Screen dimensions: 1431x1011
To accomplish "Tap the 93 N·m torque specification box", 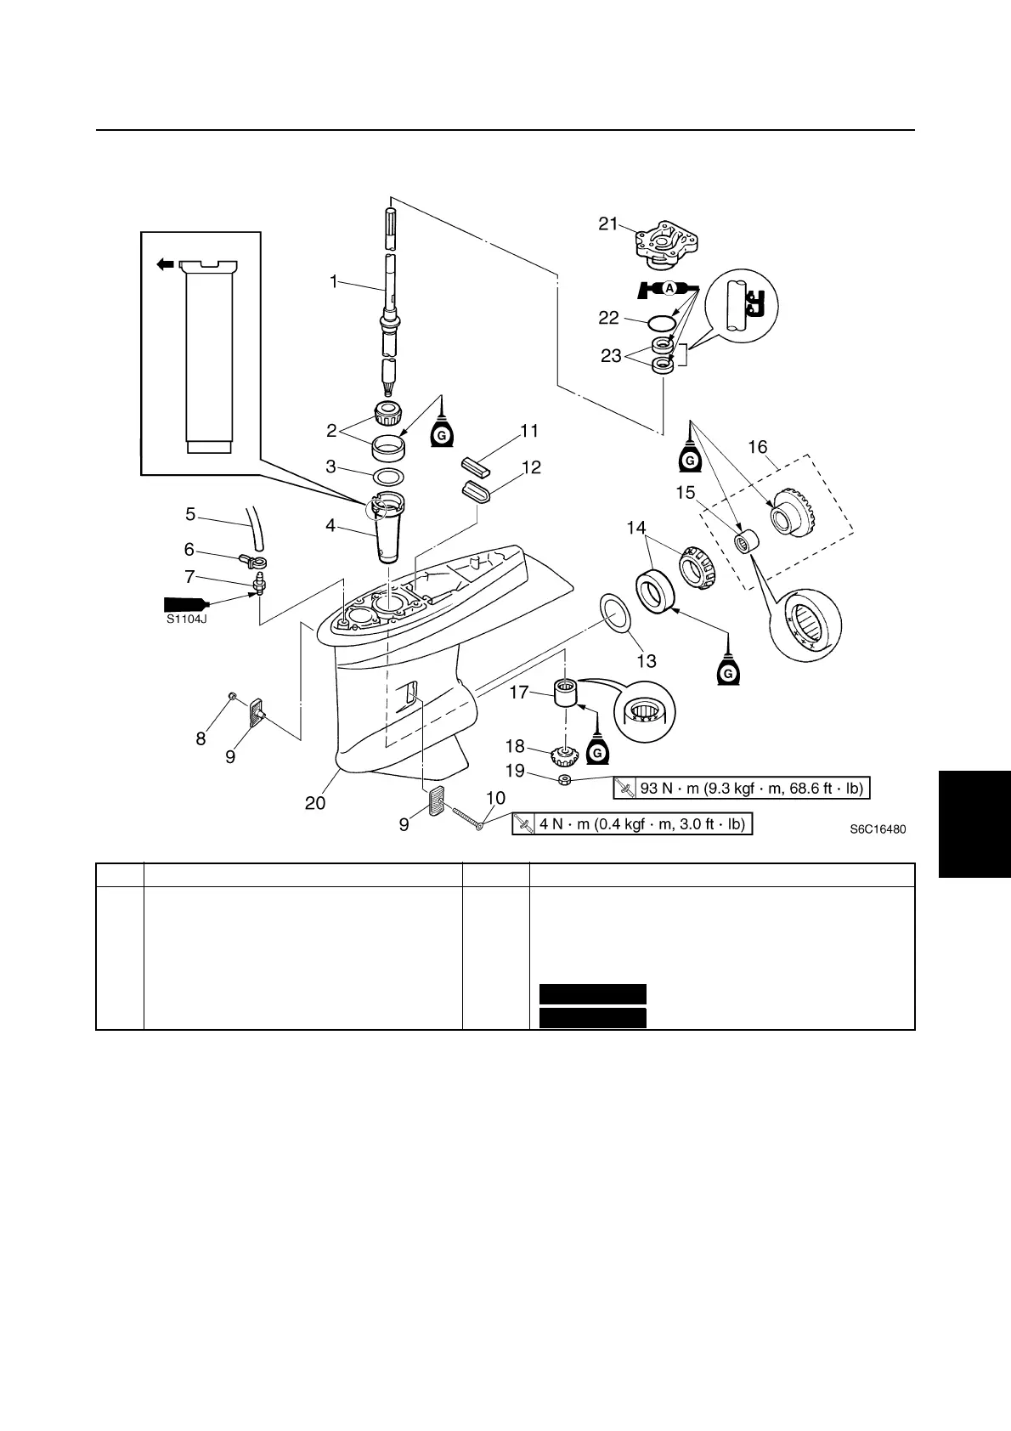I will point(743,789).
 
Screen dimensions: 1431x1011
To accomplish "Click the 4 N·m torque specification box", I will point(633,824).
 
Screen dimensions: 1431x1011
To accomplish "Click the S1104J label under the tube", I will point(187,619).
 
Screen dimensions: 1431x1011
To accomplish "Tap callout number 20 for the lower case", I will point(315,802).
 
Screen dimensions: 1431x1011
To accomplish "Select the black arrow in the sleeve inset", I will point(165,265).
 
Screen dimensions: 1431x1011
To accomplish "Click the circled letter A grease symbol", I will point(669,288).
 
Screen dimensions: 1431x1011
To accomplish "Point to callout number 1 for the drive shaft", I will point(334,281).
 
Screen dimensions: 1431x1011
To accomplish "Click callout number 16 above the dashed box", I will point(757,447).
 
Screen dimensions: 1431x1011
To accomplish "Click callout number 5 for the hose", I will point(190,513).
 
